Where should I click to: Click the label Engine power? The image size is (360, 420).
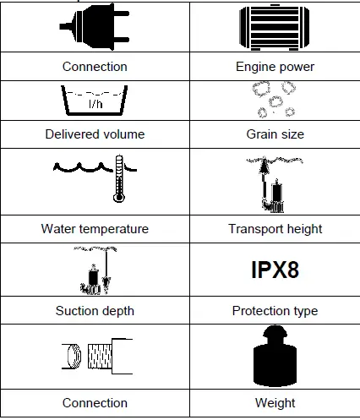[275, 66]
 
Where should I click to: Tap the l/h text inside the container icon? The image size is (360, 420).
[95, 105]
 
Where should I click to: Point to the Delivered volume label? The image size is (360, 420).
[95, 134]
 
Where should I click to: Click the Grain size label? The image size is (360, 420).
[275, 134]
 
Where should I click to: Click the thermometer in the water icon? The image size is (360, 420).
[118, 177]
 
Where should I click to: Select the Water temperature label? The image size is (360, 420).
[95, 228]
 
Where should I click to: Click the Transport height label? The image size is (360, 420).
[275, 228]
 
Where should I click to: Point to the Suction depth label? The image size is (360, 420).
[95, 310]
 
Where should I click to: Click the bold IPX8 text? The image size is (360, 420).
[275, 270]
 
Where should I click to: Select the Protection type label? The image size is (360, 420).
[275, 310]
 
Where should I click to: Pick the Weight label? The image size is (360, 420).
[275, 402]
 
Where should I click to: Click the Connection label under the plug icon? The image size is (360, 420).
[95, 66]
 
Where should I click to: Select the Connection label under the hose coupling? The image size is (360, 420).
[95, 402]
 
